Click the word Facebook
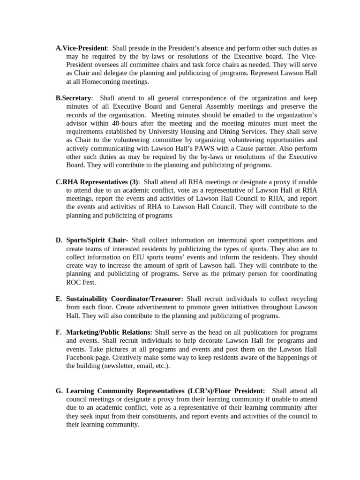point(82,358)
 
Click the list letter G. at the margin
point(59,390)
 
